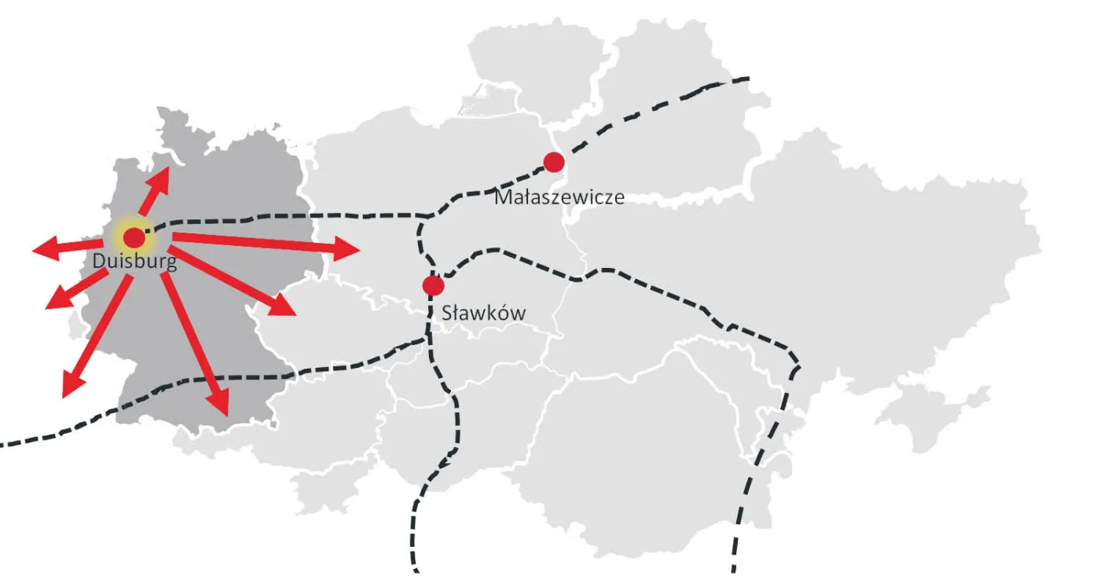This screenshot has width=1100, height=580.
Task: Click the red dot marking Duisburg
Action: pos(134,237)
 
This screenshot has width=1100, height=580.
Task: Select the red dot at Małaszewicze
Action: pos(554,162)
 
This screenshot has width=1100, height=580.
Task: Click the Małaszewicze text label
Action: pos(559,196)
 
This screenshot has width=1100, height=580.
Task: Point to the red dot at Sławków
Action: pos(431,284)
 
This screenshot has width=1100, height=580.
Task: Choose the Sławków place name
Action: pos(483,313)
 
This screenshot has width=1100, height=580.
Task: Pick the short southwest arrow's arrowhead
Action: pos(53,302)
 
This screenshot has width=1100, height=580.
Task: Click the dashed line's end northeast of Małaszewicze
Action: pos(748,79)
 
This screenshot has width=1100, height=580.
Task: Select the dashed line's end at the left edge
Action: pos(2,445)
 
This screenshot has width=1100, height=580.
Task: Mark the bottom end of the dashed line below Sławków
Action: pos(415,570)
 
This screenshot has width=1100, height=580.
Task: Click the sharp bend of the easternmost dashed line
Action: pos(798,367)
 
